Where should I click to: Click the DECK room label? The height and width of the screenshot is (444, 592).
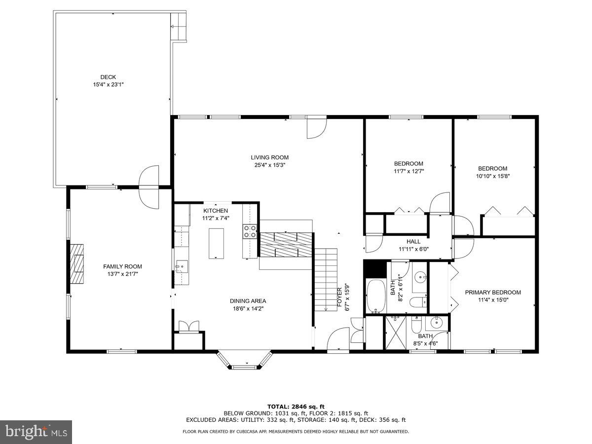(x=108, y=77)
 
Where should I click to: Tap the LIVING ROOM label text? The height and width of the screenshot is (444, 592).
(x=269, y=157)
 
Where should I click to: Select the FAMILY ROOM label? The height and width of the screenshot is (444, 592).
(x=122, y=266)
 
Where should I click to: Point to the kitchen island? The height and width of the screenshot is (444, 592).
(x=216, y=243)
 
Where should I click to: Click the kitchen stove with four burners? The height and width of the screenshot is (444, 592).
(x=250, y=231)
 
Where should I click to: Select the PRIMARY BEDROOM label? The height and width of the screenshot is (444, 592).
(x=493, y=293)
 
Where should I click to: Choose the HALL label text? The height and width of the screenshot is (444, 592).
(x=413, y=242)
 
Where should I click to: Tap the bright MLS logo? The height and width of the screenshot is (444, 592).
(x=36, y=432)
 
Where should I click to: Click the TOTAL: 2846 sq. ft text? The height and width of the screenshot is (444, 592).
(x=296, y=406)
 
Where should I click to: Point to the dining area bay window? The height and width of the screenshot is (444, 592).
(x=245, y=361)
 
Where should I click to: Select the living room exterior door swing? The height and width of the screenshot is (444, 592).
(x=316, y=128)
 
